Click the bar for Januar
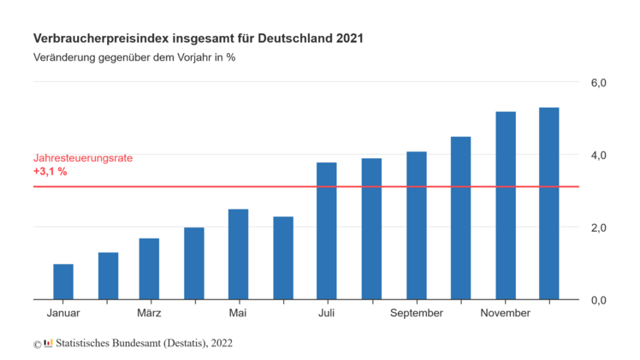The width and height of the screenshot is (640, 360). [63, 282]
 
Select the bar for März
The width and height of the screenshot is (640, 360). [149, 269]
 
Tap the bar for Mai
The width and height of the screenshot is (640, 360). [238, 255]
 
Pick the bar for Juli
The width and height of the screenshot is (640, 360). [327, 231]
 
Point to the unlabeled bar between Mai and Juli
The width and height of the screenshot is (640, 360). [283, 258]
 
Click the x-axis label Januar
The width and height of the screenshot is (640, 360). [63, 313]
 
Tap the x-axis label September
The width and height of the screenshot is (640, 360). [417, 313]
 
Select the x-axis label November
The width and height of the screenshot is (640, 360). [505, 313]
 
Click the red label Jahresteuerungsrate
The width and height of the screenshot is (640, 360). [83, 158]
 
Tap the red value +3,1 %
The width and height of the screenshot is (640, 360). [50, 172]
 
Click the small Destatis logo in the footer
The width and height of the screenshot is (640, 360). [48, 344]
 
